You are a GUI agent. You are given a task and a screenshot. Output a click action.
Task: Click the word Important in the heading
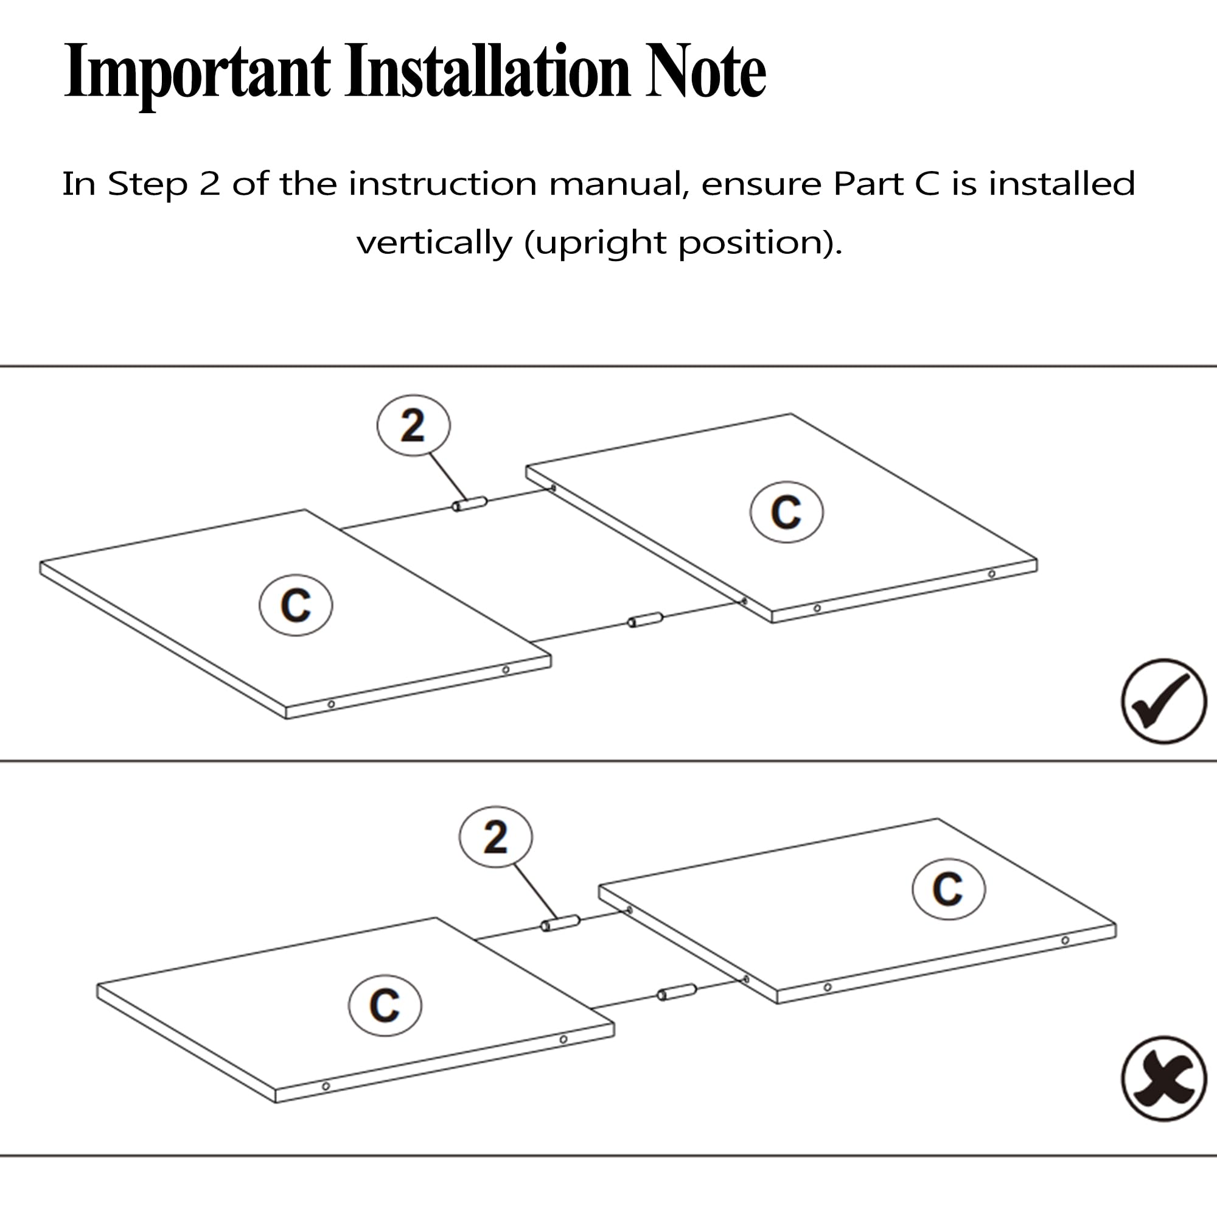[x=197, y=72]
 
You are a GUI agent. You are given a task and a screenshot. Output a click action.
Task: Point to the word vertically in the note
[x=434, y=243]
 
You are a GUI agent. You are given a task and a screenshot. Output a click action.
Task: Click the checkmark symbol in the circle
[x=1163, y=701]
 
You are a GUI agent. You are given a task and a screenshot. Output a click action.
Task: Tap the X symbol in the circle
[x=1163, y=1078]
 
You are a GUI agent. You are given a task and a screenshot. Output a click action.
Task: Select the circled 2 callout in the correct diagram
[x=413, y=426]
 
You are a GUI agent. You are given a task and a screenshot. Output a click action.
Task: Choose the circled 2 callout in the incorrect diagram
[x=496, y=837]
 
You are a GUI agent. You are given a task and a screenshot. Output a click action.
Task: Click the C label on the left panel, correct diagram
[x=296, y=605]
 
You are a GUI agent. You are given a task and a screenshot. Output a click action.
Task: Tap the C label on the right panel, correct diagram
[x=786, y=512]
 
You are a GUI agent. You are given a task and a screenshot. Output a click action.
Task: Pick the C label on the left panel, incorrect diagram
[x=385, y=1005]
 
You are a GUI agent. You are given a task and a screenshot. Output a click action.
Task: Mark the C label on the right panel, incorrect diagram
[x=948, y=889]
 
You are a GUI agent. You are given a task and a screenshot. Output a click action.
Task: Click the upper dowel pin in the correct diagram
[x=470, y=504]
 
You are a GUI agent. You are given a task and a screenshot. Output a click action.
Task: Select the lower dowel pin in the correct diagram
[x=645, y=620]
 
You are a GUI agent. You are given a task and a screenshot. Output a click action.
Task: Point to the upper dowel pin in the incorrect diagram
[x=560, y=924]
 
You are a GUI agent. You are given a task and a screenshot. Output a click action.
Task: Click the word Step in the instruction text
[x=147, y=184]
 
